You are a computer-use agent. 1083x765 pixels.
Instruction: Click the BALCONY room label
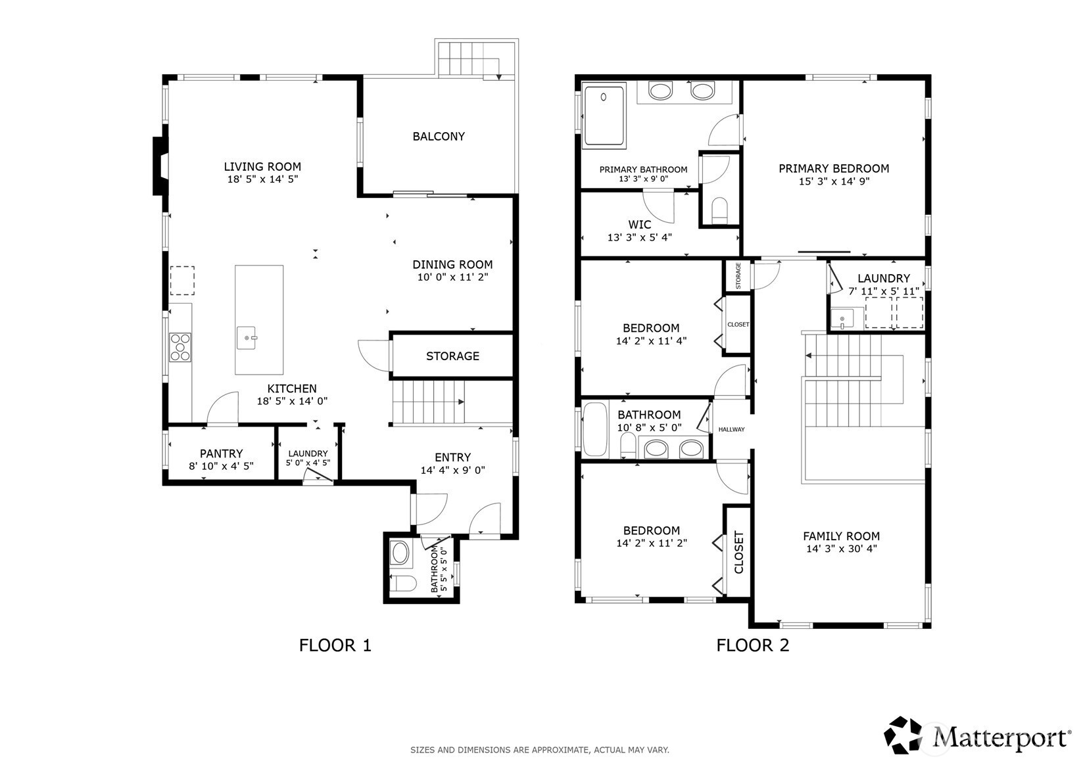pyautogui.click(x=439, y=137)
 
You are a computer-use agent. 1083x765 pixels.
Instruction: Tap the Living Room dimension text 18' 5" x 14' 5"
pyautogui.click(x=262, y=179)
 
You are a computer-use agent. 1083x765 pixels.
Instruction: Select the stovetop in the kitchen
pyautogui.click(x=180, y=347)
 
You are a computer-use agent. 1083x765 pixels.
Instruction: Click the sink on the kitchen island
pyautogui.click(x=247, y=338)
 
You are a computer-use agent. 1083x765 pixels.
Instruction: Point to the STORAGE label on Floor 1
pyautogui.click(x=452, y=356)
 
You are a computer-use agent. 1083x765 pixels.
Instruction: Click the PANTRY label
pyautogui.click(x=221, y=453)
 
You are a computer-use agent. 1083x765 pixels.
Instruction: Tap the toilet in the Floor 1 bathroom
pyautogui.click(x=402, y=584)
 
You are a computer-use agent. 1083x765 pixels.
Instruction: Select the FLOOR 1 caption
pyautogui.click(x=335, y=645)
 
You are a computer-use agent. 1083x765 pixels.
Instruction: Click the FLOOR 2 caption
pyautogui.click(x=752, y=645)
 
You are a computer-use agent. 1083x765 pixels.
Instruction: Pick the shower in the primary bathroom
pyautogui.click(x=604, y=116)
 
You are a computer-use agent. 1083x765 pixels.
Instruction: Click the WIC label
pyautogui.click(x=640, y=225)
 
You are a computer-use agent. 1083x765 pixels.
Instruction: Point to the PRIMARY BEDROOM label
pyautogui.click(x=834, y=169)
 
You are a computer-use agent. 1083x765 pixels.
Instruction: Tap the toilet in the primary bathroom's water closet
pyautogui.click(x=719, y=211)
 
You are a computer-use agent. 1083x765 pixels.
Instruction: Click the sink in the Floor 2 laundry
pyautogui.click(x=842, y=319)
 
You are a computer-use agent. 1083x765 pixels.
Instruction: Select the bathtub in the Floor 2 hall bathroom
pyautogui.click(x=594, y=429)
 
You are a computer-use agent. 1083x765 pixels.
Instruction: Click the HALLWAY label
pyautogui.click(x=731, y=429)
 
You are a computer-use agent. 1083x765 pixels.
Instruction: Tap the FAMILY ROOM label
pyautogui.click(x=841, y=536)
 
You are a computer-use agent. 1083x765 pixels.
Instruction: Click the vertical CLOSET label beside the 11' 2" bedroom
pyautogui.click(x=738, y=552)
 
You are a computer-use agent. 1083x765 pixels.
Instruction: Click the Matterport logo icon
pyautogui.click(x=903, y=735)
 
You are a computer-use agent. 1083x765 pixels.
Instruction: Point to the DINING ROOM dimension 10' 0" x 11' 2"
pyautogui.click(x=452, y=277)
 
